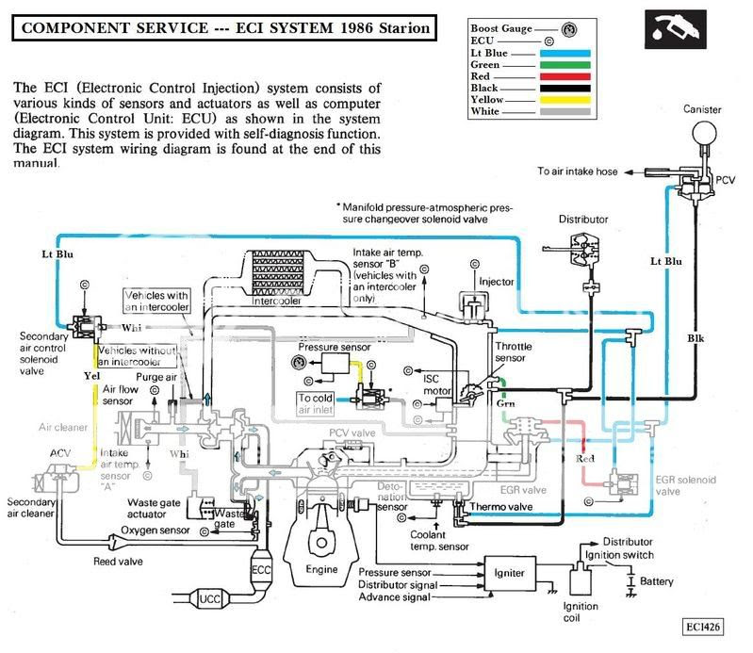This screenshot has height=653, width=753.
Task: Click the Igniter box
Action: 509,571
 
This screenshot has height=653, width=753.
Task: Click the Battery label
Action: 657,582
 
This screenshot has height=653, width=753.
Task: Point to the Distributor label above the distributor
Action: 581,220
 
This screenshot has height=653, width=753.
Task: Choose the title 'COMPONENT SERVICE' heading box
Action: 226,29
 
